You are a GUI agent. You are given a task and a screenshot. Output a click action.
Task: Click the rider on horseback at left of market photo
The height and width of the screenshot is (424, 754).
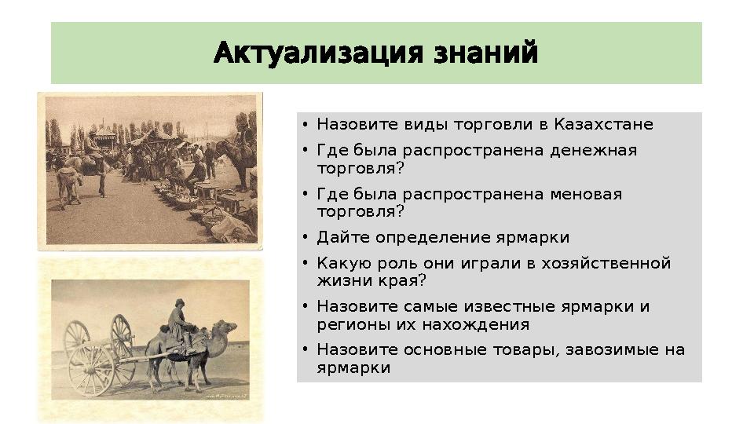[x=94, y=149]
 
